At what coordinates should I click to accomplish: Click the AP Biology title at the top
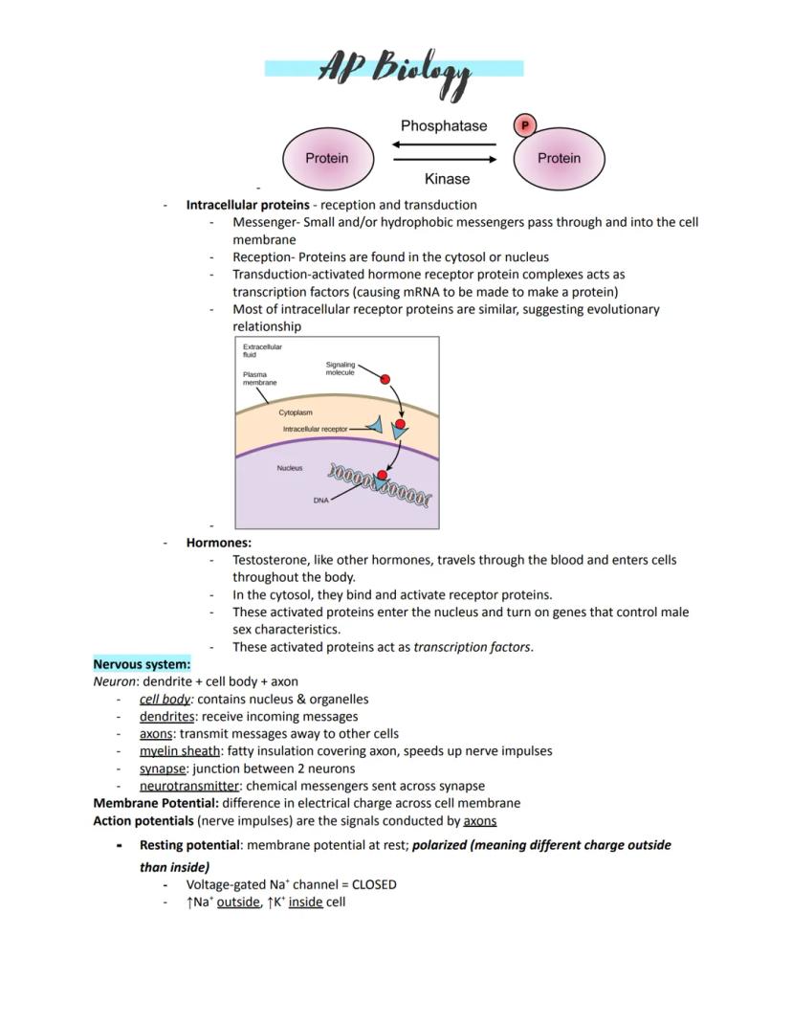[394, 70]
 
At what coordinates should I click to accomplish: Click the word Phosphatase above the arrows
[443, 126]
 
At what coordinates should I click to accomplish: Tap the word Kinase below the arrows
[447, 179]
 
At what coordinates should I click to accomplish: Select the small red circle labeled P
[524, 124]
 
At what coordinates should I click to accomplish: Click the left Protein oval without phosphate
[326, 158]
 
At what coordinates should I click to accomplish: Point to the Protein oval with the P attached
[559, 159]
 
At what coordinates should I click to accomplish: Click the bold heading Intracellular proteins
[247, 205]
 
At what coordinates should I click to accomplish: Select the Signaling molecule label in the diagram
[341, 368]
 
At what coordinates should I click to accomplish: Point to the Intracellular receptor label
[315, 430]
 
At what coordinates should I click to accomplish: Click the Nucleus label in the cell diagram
[290, 468]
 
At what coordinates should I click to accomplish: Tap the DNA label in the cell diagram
[320, 501]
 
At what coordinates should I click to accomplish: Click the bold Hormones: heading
[218, 543]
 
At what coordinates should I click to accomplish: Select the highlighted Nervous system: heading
[142, 664]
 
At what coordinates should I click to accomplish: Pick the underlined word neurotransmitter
[188, 786]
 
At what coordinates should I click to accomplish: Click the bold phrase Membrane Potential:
[156, 803]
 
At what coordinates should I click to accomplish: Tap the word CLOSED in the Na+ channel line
[374, 884]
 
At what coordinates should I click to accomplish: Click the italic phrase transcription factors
[473, 647]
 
